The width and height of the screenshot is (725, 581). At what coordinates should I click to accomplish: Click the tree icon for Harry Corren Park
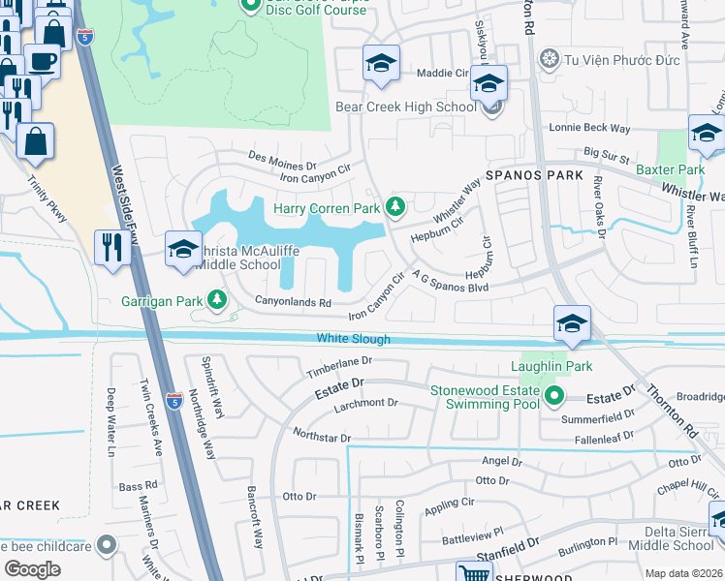point(394,205)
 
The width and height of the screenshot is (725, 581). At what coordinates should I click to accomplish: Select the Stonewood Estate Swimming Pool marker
point(553,395)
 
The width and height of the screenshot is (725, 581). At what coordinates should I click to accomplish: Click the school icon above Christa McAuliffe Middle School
point(182,249)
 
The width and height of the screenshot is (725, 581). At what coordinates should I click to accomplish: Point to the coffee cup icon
point(42,62)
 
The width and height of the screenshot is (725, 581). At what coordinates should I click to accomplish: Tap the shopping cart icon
point(473,572)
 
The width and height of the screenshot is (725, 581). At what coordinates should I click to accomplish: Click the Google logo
point(32,569)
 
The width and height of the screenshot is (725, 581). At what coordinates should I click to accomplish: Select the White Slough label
point(353,339)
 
